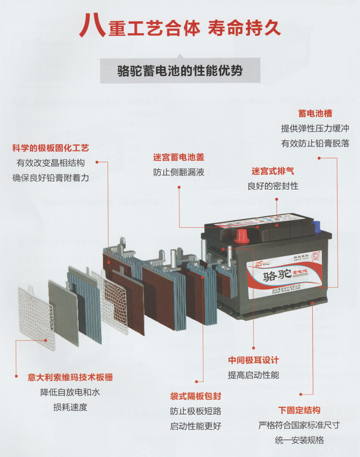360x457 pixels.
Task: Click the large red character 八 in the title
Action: [92, 25]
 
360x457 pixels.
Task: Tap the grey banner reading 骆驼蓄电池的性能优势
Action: [180, 71]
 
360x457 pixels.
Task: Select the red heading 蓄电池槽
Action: [315, 114]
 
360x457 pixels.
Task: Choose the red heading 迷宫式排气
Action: [273, 171]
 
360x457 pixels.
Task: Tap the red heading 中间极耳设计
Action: [253, 360]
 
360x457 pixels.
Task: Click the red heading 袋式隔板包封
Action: [195, 397]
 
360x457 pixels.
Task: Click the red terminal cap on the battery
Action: [241, 235]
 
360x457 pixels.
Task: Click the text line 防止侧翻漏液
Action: [179, 172]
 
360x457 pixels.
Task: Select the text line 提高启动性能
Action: [253, 375]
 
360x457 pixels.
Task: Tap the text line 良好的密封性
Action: [273, 186]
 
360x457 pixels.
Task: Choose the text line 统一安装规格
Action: [299, 440]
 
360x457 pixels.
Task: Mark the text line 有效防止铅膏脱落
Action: [315, 143]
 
